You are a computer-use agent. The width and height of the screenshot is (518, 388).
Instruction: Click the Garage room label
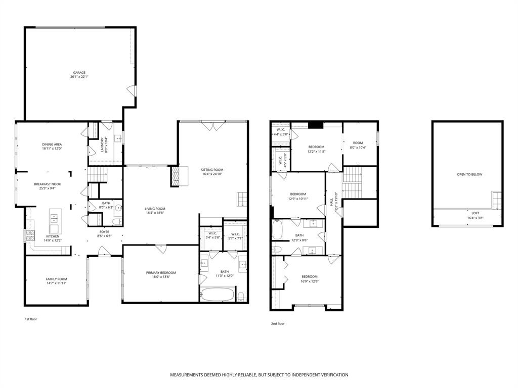pyautogui.click(x=78, y=75)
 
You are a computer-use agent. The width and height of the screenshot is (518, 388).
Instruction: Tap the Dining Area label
pyautogui.click(x=52, y=147)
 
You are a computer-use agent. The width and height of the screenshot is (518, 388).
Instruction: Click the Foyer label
pyautogui.click(x=105, y=234)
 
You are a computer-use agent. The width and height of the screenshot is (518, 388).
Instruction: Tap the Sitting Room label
pyautogui.click(x=212, y=172)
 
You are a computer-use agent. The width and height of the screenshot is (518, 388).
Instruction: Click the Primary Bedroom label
pyautogui.click(x=160, y=274)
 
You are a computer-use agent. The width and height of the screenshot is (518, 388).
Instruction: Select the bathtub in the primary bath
pyautogui.click(x=218, y=294)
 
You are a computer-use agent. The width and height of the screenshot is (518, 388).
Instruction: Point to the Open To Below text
pyautogui.click(x=469, y=175)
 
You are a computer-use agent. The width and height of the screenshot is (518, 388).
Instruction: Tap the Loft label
pyautogui.click(x=475, y=215)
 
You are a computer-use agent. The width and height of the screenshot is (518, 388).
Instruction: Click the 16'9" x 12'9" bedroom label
pyautogui.click(x=310, y=278)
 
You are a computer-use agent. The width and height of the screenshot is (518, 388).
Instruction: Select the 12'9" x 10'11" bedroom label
pyautogui.click(x=298, y=196)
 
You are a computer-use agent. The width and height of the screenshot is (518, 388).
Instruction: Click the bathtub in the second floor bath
pyautogui.click(x=278, y=230)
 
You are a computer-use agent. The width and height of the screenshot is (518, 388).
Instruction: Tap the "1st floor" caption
pyautogui.click(x=31, y=319)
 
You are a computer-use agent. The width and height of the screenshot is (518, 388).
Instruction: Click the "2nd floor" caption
pyautogui.click(x=278, y=324)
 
